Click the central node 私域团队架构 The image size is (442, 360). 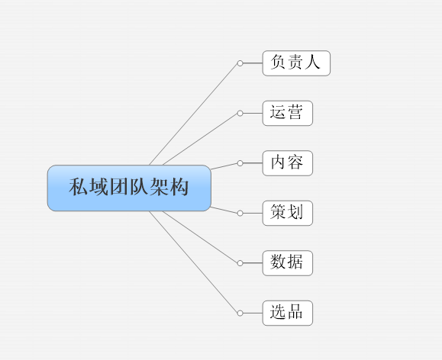click(129, 188)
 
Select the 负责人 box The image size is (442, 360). click(296, 63)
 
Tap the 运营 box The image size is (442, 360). click(288, 113)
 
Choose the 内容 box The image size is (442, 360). click(288, 163)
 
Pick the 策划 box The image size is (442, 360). click(288, 214)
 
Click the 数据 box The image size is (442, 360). click(288, 263)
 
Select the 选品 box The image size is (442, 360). click(288, 313)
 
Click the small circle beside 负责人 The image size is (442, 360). click(240, 63)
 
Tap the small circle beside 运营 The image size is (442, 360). click(240, 113)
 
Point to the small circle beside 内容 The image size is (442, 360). click(240, 163)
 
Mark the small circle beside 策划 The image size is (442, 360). click(240, 214)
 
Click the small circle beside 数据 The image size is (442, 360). click(240, 263)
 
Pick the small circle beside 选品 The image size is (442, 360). click(240, 313)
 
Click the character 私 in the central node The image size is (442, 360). click(78, 186)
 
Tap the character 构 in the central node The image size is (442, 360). click(179, 186)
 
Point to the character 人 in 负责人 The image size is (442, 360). click(312, 62)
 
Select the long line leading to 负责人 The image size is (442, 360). click(194, 114)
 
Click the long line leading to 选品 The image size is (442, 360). click(194, 262)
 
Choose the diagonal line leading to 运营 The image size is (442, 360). click(201, 140)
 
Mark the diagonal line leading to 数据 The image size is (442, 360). click(201, 236)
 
